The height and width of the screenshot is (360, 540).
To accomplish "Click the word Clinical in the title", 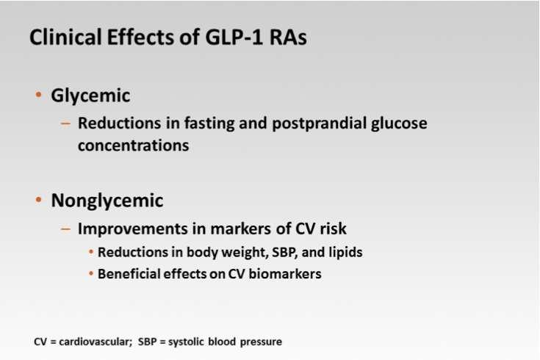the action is (x=65, y=37).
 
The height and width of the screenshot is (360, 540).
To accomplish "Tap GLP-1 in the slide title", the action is (x=234, y=37).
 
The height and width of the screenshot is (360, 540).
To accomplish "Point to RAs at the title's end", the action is (x=288, y=37).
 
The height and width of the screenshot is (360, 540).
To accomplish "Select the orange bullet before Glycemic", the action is (x=38, y=94).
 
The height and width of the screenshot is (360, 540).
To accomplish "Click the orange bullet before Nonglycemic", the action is (x=38, y=199).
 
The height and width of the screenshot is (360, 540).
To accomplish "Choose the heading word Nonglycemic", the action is (x=107, y=201).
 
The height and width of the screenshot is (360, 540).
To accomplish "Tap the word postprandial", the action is (x=320, y=123).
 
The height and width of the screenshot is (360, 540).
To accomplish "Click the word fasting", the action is (x=209, y=123).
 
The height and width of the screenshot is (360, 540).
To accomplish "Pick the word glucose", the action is (x=399, y=123).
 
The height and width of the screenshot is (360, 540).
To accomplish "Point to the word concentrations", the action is (x=133, y=145).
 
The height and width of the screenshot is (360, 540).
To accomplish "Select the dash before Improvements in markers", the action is (x=65, y=228).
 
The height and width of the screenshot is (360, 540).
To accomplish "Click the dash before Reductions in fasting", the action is (x=65, y=123).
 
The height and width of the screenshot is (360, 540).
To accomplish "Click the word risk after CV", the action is (x=333, y=228).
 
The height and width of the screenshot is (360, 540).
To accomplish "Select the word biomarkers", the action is (x=285, y=274).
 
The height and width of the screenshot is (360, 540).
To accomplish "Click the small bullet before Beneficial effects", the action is (x=91, y=274).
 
